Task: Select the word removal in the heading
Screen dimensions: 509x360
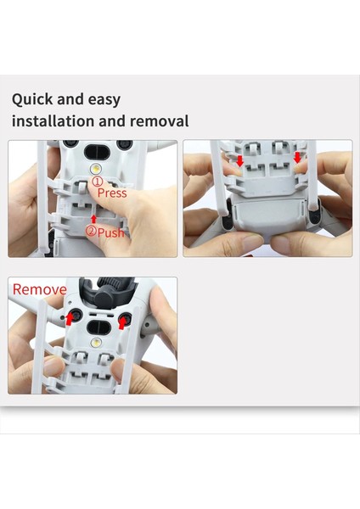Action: (159, 121)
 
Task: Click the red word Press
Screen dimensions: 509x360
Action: (113, 193)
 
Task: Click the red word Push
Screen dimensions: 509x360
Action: (112, 232)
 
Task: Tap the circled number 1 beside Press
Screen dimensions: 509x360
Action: (97, 182)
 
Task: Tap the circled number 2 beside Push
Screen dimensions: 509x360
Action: (91, 232)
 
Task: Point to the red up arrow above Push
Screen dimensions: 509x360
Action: (93, 219)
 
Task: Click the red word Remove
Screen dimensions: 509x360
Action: (39, 290)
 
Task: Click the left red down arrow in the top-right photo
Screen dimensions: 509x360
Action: (240, 160)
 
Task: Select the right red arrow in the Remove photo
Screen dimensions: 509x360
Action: (122, 322)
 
